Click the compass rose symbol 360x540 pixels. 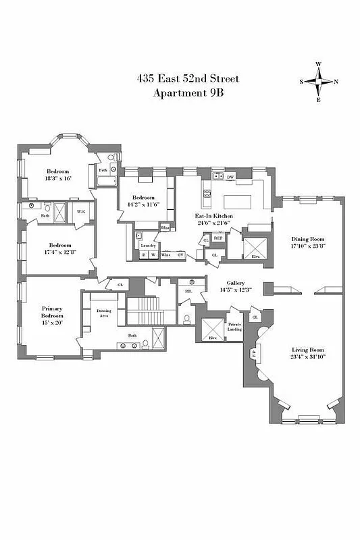(x=318, y=82)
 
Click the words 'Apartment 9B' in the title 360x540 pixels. (x=186, y=92)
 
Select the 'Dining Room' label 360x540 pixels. (x=308, y=239)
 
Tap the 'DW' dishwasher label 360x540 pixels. (x=230, y=177)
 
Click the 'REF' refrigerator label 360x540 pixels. (x=218, y=238)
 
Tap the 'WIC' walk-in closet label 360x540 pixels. (x=81, y=212)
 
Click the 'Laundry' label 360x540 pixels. (x=148, y=245)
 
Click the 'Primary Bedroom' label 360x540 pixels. (x=52, y=315)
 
